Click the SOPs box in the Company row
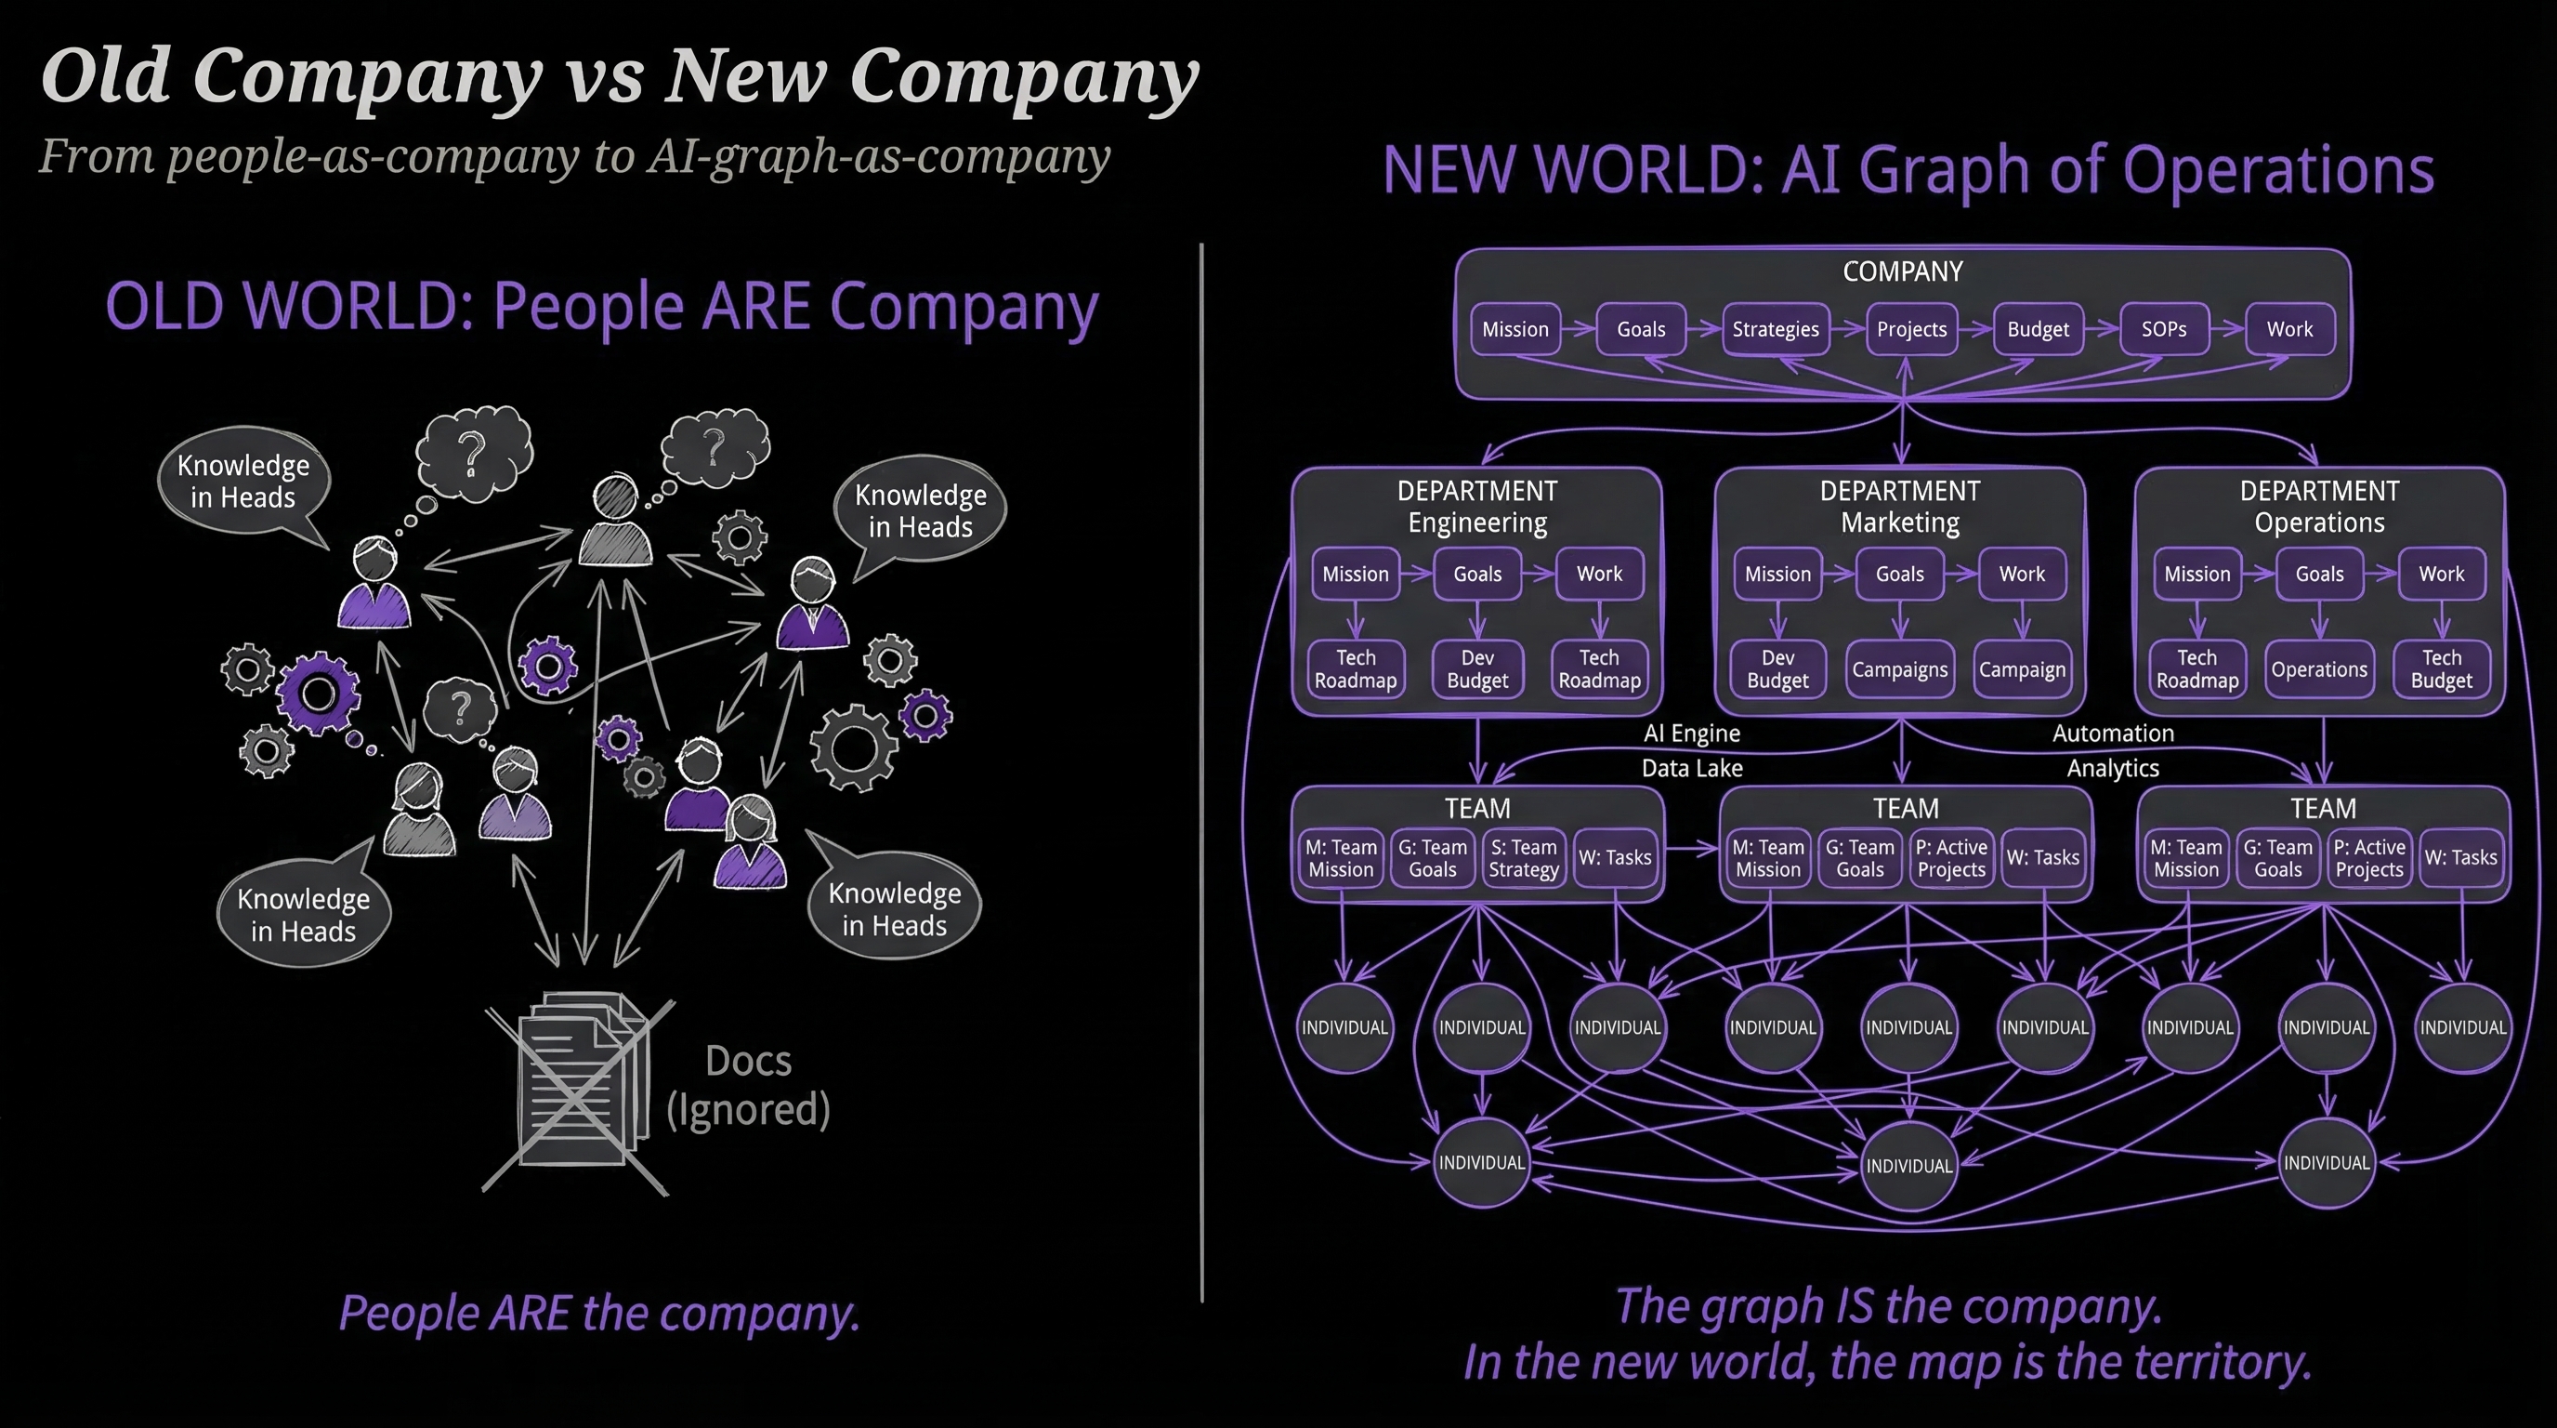(2164, 330)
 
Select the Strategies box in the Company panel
(1775, 330)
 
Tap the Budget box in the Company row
(2038, 330)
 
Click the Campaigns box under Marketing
(1899, 670)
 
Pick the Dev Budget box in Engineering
(1477, 669)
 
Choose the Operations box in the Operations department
(2319, 670)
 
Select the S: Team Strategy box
(1523, 858)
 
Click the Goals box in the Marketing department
(1899, 574)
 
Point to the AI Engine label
(1691, 734)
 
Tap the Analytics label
(2112, 769)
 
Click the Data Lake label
(1691, 769)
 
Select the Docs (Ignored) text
(747, 1085)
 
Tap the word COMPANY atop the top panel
(1902, 272)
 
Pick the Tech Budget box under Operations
(2441, 669)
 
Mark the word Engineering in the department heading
(1477, 523)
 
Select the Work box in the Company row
(2289, 330)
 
